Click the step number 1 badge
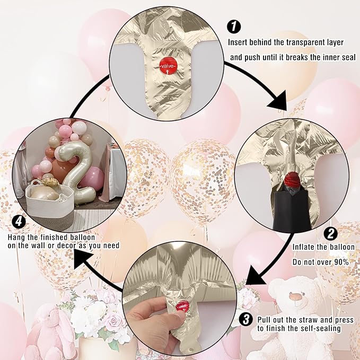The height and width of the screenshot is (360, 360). (234, 26)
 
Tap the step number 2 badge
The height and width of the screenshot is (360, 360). (331, 234)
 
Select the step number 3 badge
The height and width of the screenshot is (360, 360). (246, 319)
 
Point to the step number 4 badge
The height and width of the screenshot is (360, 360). (19, 222)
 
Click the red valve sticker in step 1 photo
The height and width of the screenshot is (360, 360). (168, 66)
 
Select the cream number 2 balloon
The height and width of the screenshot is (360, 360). (77, 172)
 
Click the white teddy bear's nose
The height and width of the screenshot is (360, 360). (295, 296)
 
